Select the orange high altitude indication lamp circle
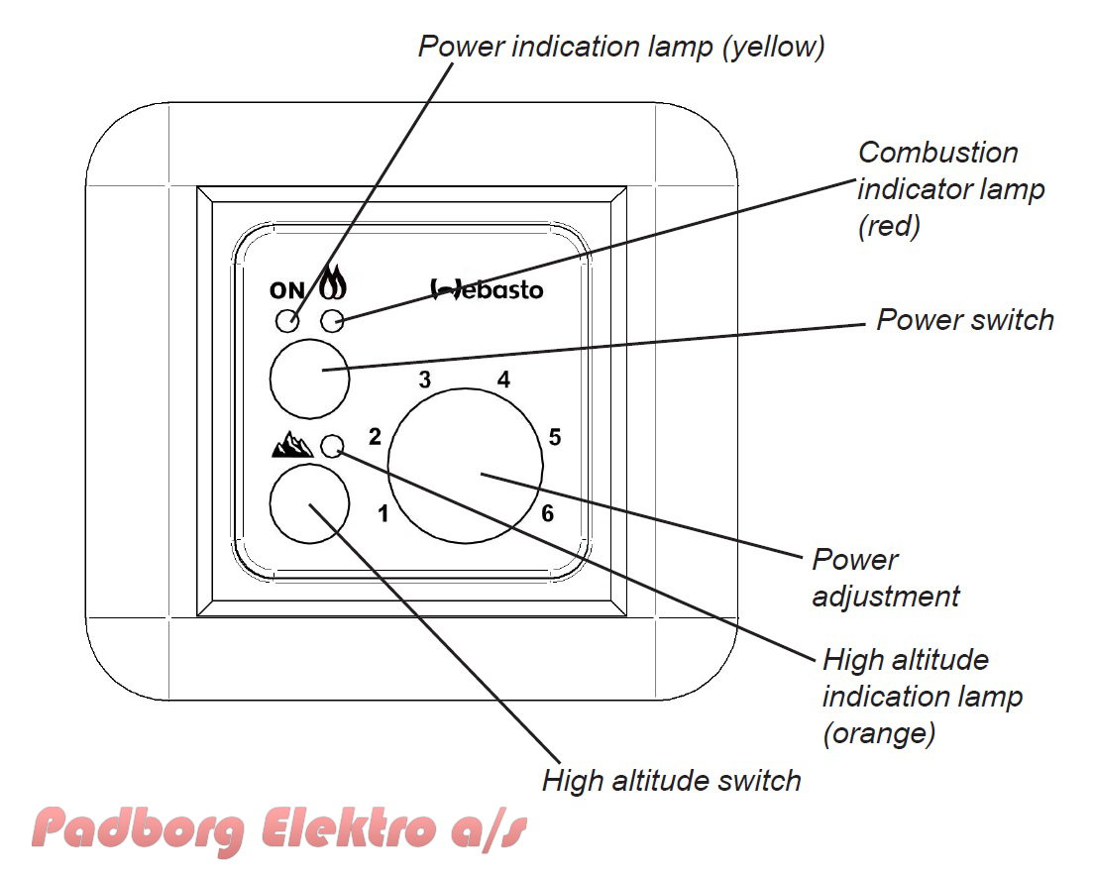[x=332, y=446]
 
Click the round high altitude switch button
[x=309, y=503]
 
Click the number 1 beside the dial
[x=383, y=514]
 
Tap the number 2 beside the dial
[x=375, y=436]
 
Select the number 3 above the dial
[x=424, y=380]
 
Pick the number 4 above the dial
[x=503, y=380]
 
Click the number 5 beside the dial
[x=555, y=437]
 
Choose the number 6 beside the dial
[x=547, y=513]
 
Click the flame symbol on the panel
[x=333, y=282]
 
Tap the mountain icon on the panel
[x=292, y=444]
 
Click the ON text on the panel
[x=287, y=290]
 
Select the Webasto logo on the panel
[x=487, y=289]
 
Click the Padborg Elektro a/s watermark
[x=279, y=829]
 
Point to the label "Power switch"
[x=965, y=320]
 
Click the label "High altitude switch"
[x=671, y=781]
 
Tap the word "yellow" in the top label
[x=774, y=47]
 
